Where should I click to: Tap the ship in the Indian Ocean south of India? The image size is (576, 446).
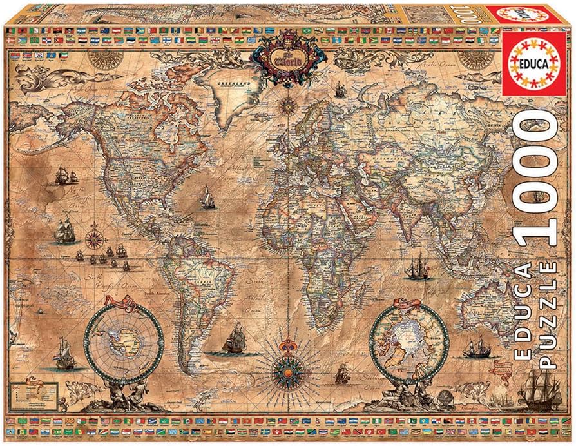(417, 267)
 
